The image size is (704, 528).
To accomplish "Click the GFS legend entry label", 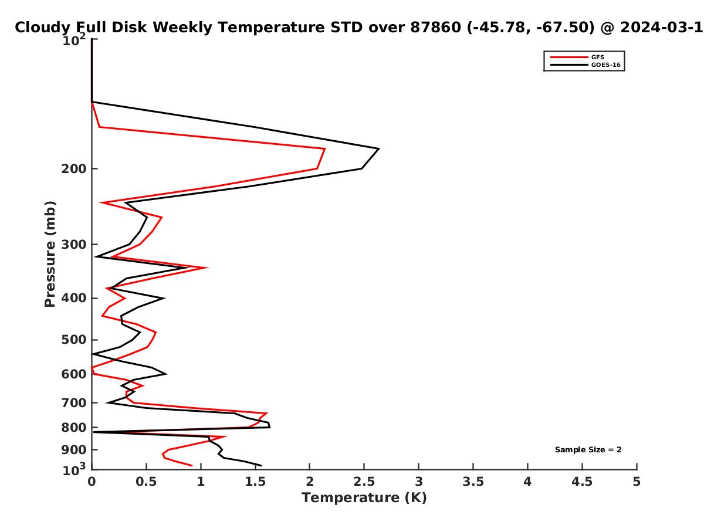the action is click(x=597, y=57).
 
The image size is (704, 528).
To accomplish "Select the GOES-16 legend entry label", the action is click(x=605, y=65).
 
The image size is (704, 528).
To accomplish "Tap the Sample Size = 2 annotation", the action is click(x=588, y=450).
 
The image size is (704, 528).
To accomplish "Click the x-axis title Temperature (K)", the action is click(x=364, y=498).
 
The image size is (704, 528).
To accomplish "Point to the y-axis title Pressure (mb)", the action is click(x=50, y=254).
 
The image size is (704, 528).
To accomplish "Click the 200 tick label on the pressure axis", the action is click(x=74, y=168).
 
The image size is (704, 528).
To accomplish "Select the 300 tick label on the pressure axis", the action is click(x=74, y=245).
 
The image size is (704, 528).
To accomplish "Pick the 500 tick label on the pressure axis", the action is click(x=74, y=340).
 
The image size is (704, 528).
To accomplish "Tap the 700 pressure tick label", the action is click(x=74, y=403).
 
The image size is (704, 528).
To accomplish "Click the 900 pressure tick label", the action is click(x=74, y=450).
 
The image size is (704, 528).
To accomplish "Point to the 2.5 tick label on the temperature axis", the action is click(x=364, y=482).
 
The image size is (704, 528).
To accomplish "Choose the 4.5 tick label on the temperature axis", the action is click(x=582, y=482).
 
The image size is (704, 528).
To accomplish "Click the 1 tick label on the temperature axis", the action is click(x=201, y=482).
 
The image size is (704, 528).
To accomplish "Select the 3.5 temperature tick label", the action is click(x=473, y=482).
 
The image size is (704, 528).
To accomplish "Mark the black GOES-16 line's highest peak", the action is click(x=379, y=149).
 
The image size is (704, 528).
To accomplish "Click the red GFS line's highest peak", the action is click(x=325, y=149).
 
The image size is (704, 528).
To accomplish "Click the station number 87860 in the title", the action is click(x=435, y=28).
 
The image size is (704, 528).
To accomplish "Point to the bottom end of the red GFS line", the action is click(x=192, y=465).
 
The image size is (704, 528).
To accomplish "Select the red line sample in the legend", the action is click(x=569, y=57).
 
